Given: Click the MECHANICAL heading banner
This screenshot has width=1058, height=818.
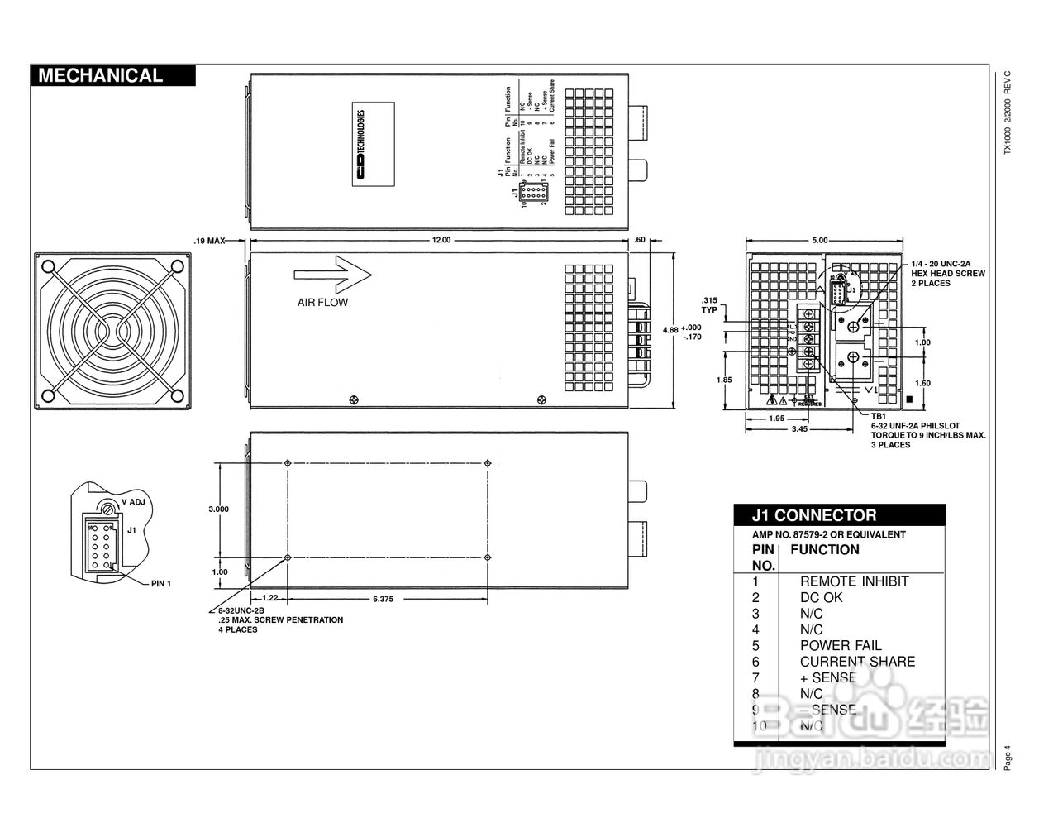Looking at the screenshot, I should tap(113, 75).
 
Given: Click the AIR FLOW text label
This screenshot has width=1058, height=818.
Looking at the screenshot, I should tap(322, 303).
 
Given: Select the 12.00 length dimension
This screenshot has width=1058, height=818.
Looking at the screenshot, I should tap(441, 241).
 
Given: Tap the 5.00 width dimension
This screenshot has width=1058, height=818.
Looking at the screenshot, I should tap(819, 241).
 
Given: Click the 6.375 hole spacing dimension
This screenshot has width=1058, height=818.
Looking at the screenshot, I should tap(383, 598).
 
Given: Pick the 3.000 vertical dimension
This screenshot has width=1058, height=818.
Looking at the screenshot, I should tap(218, 509).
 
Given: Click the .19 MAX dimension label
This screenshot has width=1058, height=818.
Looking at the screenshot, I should tap(210, 241).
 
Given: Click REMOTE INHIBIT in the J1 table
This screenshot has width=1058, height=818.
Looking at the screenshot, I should tap(854, 581).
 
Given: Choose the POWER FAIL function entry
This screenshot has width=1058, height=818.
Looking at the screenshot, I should tap(840, 645).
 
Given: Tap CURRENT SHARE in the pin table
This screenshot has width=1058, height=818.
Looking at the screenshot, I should tap(857, 662).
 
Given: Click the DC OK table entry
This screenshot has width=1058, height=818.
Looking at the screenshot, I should tap(821, 597).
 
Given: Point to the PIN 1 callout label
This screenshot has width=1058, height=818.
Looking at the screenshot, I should tap(161, 583).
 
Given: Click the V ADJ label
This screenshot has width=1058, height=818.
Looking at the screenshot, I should tap(133, 502).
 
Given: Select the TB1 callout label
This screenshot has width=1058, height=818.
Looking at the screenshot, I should tap(878, 416).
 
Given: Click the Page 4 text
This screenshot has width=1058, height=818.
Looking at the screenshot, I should tap(1007, 758).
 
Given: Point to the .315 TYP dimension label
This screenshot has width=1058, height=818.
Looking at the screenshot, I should tap(708, 305).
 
